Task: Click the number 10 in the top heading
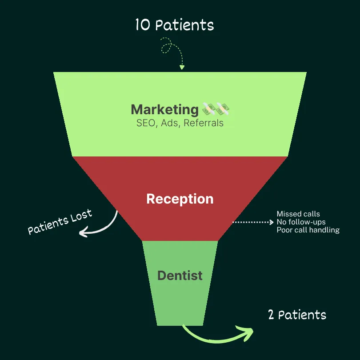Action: tap(143, 25)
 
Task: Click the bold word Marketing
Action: tap(164, 109)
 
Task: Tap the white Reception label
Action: tap(180, 199)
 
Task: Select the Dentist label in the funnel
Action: tap(180, 276)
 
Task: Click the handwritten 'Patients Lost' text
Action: tap(60, 222)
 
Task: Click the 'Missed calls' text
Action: tap(298, 214)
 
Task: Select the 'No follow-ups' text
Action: tap(301, 222)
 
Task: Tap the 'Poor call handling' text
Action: tap(308, 230)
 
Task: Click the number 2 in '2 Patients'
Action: tap(271, 315)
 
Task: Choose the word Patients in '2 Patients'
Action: tap(302, 315)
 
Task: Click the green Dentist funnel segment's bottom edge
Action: tap(180, 324)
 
